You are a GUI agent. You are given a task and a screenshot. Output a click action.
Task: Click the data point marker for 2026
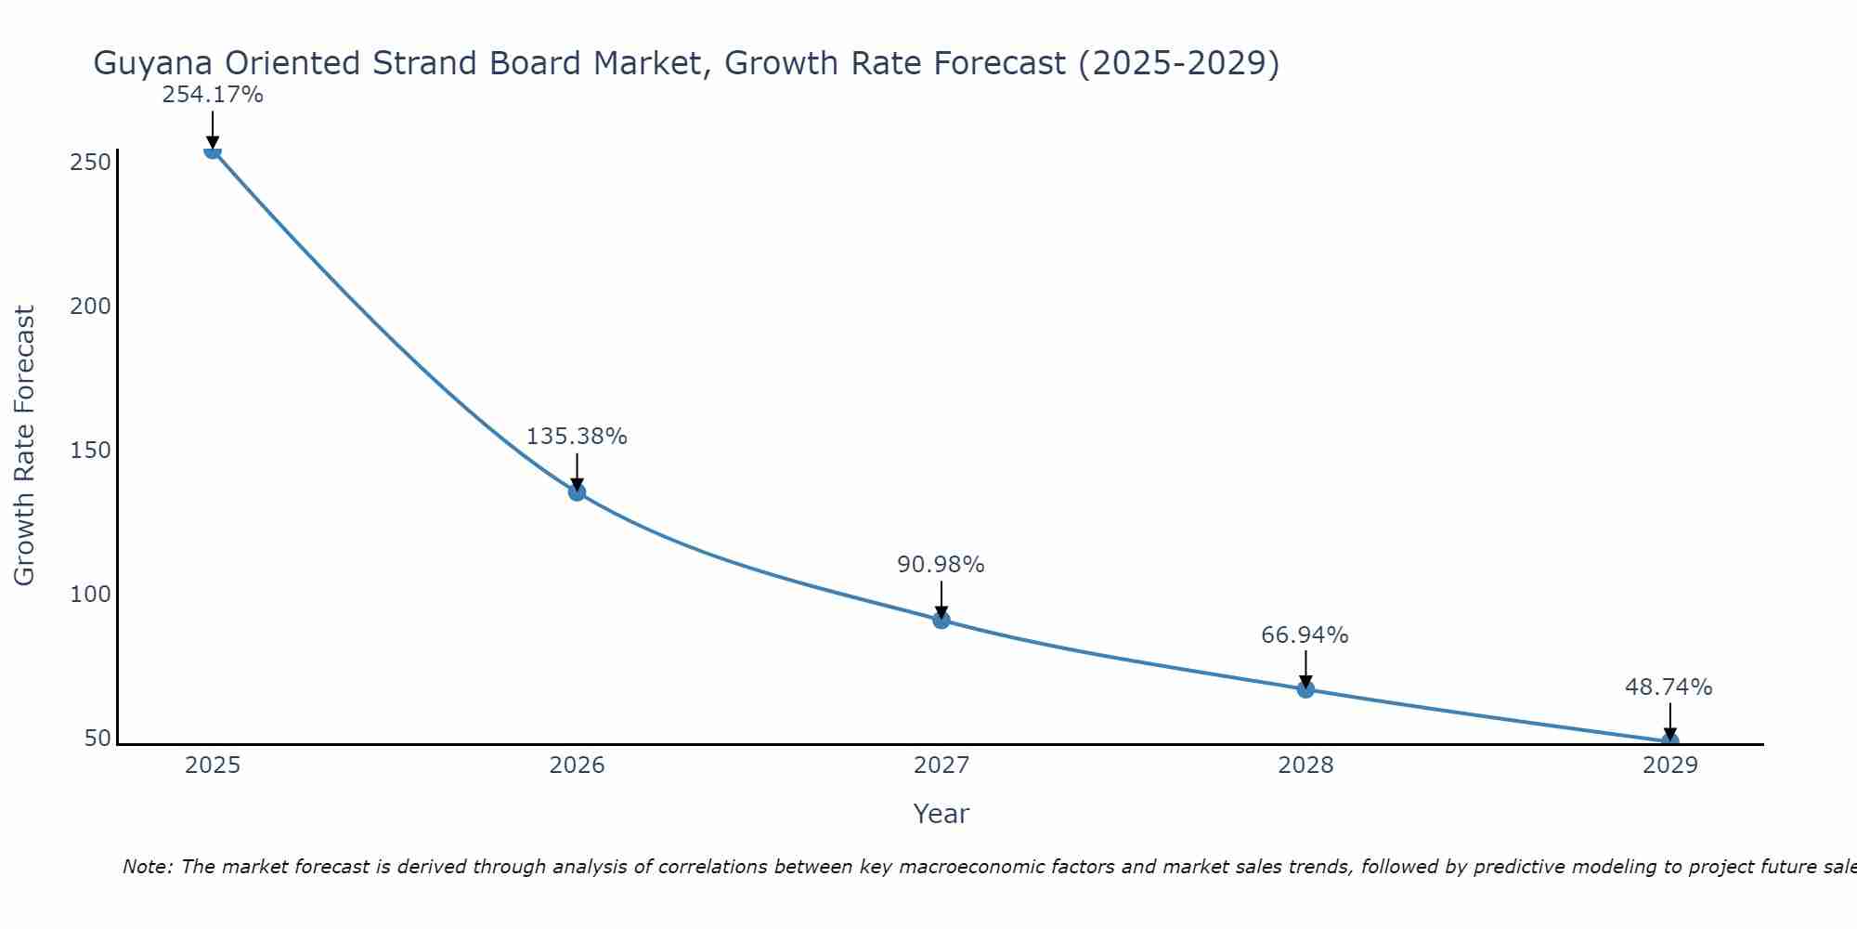[x=577, y=491]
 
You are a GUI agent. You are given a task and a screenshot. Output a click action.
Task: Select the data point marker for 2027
[x=941, y=620]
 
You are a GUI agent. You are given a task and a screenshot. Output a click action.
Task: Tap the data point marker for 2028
[x=1305, y=688]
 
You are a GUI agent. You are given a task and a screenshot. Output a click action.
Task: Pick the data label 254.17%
[x=213, y=95]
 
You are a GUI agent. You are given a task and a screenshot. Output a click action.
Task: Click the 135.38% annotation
[x=577, y=437]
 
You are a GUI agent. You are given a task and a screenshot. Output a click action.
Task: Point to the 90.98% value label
[x=941, y=565]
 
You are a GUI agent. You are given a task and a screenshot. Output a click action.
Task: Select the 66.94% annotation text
[x=1305, y=635]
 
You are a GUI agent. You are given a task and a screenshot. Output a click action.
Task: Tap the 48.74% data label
[x=1669, y=687]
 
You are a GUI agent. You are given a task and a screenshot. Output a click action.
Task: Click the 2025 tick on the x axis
[x=213, y=765]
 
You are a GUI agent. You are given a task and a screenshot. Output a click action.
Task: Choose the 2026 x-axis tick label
[x=577, y=765]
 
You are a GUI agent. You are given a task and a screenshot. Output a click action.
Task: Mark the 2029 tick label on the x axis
[x=1669, y=765]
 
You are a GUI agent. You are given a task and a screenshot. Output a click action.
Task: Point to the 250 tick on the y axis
[x=91, y=163]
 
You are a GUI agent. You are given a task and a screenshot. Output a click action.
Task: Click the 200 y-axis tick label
[x=91, y=307]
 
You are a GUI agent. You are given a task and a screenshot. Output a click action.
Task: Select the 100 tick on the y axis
[x=91, y=595]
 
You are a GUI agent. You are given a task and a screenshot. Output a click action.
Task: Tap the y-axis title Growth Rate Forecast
[x=25, y=446]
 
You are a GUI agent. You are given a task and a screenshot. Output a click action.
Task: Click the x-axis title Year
[x=941, y=814]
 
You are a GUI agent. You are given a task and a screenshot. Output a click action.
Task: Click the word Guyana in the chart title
[x=154, y=64]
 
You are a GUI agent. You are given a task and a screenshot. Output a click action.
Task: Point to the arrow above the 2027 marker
[x=941, y=599]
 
